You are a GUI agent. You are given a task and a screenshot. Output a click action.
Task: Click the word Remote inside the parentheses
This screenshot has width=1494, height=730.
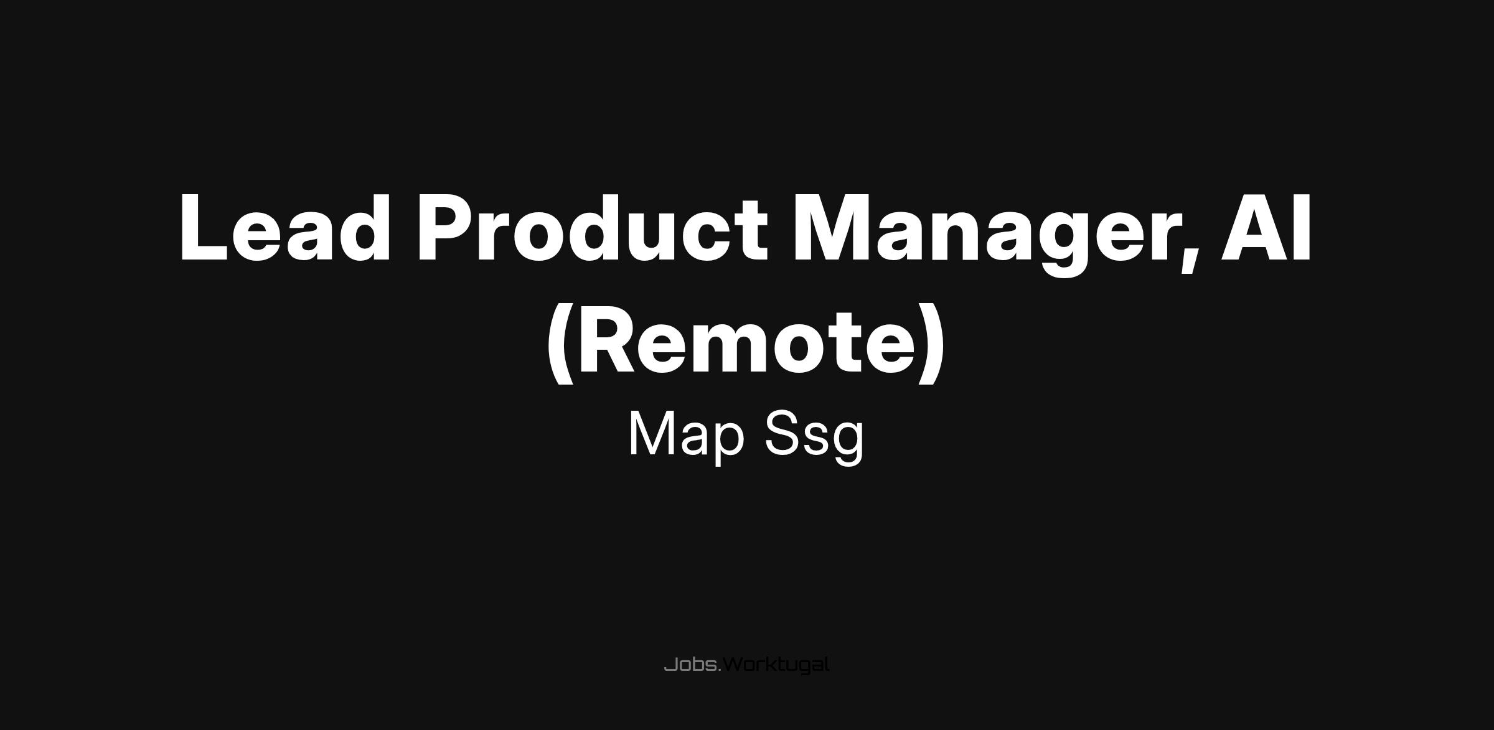tap(746, 342)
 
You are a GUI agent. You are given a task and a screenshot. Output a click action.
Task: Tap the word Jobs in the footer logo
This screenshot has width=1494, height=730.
tap(691, 665)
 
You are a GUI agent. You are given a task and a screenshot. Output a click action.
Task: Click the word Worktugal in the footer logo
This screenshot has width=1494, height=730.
tap(776, 665)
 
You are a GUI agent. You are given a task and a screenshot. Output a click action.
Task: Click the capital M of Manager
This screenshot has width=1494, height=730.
tap(833, 227)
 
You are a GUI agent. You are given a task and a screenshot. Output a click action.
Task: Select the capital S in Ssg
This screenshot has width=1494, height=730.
tap(783, 434)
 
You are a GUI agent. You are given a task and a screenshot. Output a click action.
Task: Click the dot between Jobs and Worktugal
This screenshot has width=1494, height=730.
tap(720, 671)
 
